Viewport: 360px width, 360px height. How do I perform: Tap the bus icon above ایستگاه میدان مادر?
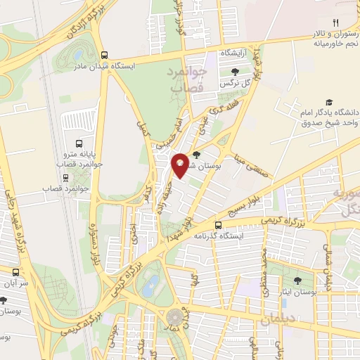click(105, 55)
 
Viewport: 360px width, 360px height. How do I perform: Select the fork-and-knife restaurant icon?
click(335, 23)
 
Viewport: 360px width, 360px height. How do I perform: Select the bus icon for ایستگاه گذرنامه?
click(218, 225)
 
